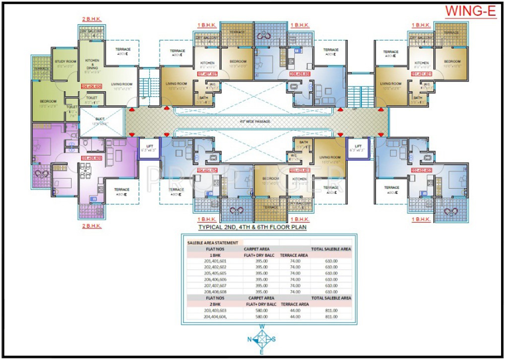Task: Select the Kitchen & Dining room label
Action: [x=92, y=65]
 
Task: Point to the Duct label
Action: [x=101, y=122]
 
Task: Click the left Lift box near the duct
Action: [x=148, y=148]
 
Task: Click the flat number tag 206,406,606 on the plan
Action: [x=92, y=86]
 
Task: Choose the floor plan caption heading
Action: [x=252, y=228]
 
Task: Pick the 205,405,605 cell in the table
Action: [x=214, y=273]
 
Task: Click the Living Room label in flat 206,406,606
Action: [x=121, y=86]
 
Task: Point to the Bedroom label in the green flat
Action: [x=49, y=103]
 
